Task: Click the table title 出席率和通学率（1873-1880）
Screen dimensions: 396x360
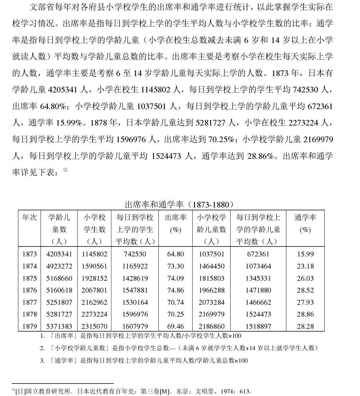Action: pyautogui.click(x=179, y=204)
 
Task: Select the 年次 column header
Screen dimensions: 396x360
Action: pyautogui.click(x=30, y=217)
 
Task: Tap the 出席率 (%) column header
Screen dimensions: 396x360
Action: pyautogui.click(x=175, y=223)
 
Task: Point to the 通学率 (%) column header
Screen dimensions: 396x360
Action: pyautogui.click(x=305, y=223)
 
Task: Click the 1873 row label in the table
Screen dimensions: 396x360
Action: pyautogui.click(x=30, y=254)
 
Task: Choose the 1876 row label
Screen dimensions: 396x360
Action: pyautogui.click(x=30, y=290)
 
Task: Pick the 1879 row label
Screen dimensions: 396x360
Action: pyautogui.click(x=30, y=326)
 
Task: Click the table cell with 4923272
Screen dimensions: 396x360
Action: pyautogui.click(x=59, y=266)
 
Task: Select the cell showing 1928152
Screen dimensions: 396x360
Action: pyautogui.click(x=94, y=278)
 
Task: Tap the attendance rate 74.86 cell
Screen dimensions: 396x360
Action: pyautogui.click(x=175, y=290)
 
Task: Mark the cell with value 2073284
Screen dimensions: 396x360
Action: pyautogui.click(x=211, y=302)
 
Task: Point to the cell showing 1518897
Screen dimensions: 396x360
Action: pyautogui.click(x=258, y=326)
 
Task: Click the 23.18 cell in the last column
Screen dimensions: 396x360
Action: pyautogui.click(x=305, y=266)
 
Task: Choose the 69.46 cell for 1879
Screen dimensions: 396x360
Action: pyautogui.click(x=175, y=326)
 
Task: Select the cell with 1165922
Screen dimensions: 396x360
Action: pyautogui.click(x=135, y=266)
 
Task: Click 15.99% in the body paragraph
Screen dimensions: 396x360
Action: pyautogui.click(x=70, y=123)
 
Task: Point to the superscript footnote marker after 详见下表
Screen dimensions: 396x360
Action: pyautogui.click(x=65, y=170)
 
